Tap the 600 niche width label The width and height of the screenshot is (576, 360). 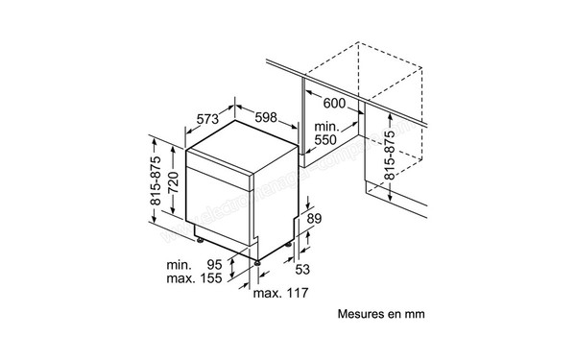333,103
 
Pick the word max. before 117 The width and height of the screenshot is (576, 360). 266,291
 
